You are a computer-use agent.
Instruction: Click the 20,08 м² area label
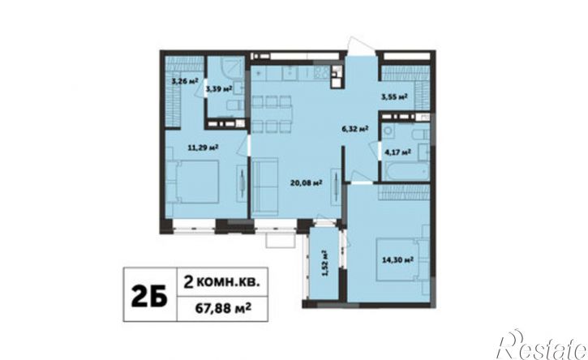(307, 183)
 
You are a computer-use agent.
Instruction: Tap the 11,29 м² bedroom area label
(204, 148)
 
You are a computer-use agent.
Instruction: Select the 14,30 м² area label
(397, 259)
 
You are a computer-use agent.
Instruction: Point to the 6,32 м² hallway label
(354, 129)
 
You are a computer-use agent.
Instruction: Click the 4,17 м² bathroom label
(397, 152)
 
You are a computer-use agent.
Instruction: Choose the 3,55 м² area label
(394, 97)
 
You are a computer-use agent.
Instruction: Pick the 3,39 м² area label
(219, 88)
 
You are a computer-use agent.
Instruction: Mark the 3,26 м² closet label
(184, 80)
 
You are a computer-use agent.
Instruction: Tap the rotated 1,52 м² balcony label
(324, 264)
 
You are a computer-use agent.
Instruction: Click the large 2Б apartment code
(149, 295)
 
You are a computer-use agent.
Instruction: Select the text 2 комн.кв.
(222, 281)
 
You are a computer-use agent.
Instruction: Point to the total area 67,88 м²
(223, 309)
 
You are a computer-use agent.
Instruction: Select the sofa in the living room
(264, 186)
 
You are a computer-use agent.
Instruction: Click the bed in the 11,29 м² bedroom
(193, 182)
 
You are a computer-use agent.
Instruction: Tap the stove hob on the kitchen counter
(321, 73)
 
